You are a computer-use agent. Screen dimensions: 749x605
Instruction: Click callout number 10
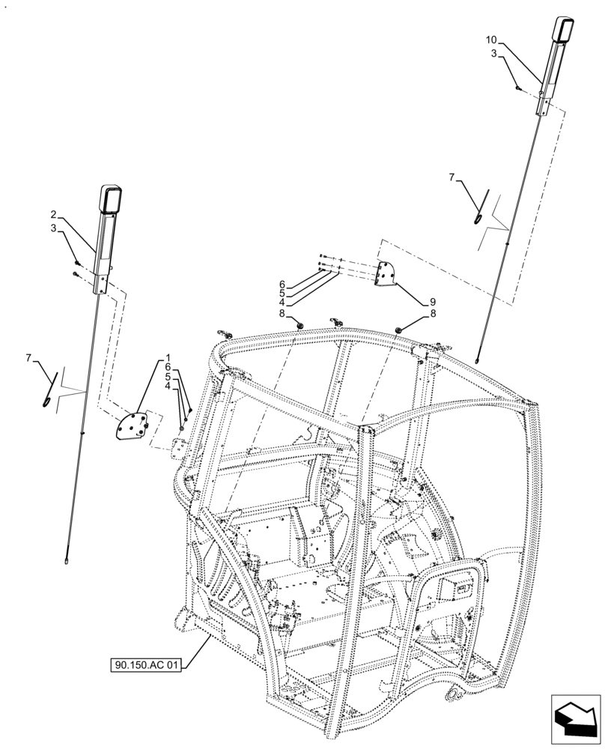490,39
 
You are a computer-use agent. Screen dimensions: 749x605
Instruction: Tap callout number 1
168,358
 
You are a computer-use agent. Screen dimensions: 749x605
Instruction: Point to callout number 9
433,302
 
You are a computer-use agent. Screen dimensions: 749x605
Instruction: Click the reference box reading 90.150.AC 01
147,664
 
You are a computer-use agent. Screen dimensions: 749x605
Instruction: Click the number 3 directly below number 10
493,53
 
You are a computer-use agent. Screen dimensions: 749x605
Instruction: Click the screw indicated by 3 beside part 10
517,88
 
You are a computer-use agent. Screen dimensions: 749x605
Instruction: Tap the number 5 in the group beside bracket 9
282,294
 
